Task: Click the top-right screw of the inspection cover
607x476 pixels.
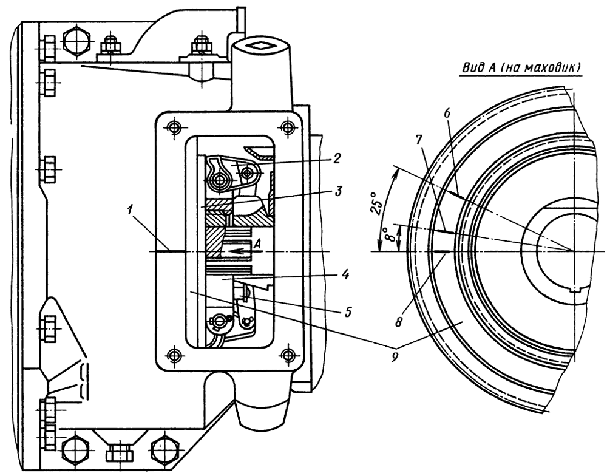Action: pos(287,127)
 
